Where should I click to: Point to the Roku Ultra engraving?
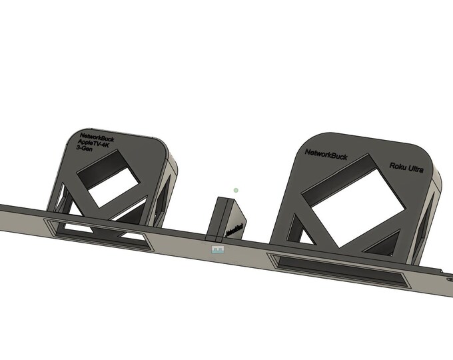coord(406,167)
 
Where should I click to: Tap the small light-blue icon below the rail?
coord(217,249)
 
